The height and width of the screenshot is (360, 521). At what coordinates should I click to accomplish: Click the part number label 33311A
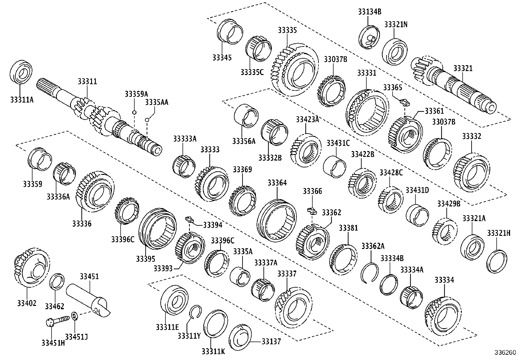pos(22,99)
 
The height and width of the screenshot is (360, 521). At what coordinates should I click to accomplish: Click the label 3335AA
pos(157,102)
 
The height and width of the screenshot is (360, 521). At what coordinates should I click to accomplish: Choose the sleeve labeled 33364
pos(277,218)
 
